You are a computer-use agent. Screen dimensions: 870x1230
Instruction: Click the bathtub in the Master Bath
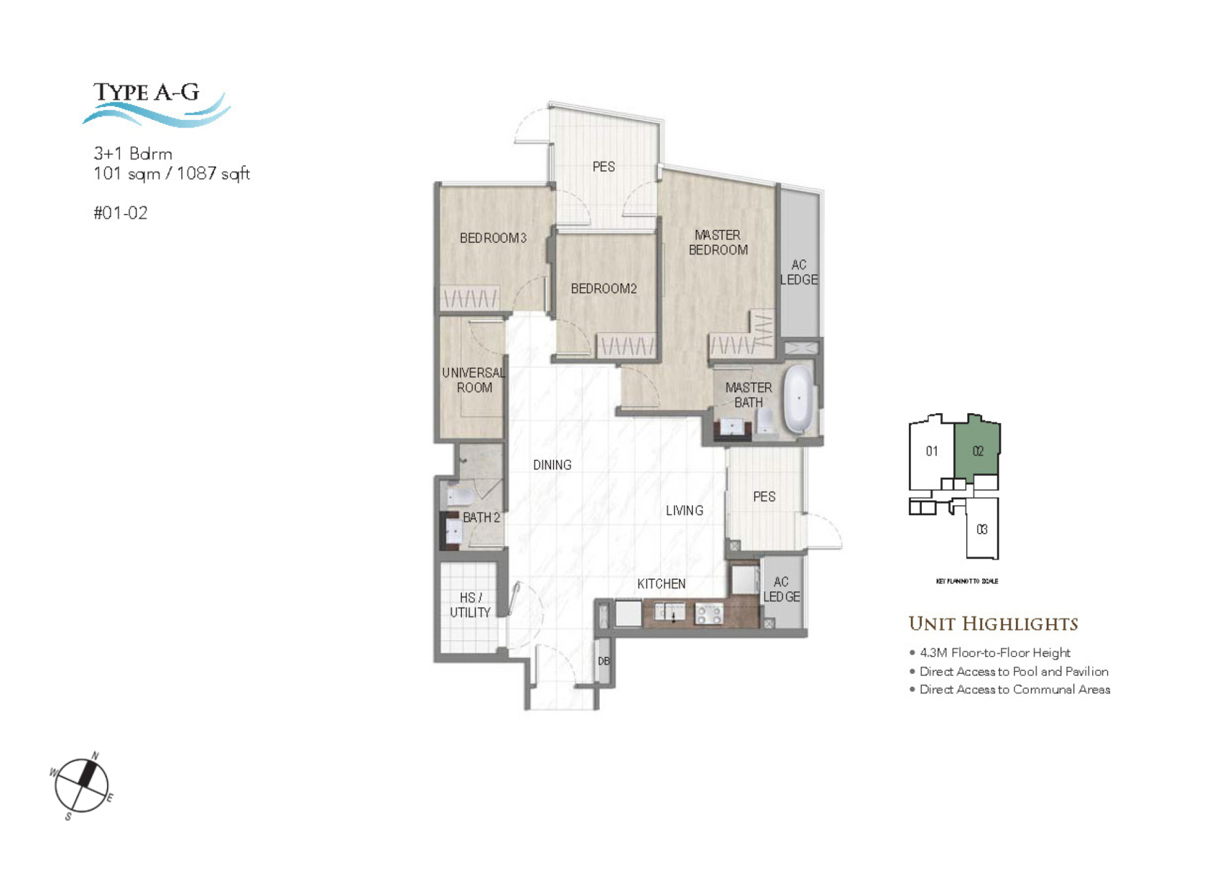click(798, 398)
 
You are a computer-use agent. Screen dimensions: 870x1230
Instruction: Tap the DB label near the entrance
click(603, 661)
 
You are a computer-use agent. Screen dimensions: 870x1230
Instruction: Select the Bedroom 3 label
click(493, 238)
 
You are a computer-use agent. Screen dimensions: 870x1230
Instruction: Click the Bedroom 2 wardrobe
click(626, 346)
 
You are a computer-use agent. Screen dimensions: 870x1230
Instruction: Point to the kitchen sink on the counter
click(669, 613)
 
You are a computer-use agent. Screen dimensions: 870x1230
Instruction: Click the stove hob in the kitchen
click(709, 614)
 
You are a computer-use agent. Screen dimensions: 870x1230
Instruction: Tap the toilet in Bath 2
click(460, 497)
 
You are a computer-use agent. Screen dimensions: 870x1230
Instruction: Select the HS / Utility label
click(470, 605)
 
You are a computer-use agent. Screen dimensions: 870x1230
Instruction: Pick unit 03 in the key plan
click(981, 529)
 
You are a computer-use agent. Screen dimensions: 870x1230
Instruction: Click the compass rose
click(81, 785)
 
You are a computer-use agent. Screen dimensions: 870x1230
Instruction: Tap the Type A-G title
click(147, 93)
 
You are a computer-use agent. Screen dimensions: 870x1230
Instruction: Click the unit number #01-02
click(120, 213)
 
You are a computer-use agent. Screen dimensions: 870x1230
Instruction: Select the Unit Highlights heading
click(993, 623)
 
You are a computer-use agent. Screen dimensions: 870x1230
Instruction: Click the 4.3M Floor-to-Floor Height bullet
click(994, 653)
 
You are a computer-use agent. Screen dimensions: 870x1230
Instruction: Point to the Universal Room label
click(473, 380)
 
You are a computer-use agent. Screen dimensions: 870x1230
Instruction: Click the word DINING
click(552, 465)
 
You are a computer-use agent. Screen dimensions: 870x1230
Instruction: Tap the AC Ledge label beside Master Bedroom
click(798, 272)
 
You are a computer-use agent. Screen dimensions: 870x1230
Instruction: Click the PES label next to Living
click(764, 497)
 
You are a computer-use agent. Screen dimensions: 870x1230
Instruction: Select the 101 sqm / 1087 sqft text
click(171, 174)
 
